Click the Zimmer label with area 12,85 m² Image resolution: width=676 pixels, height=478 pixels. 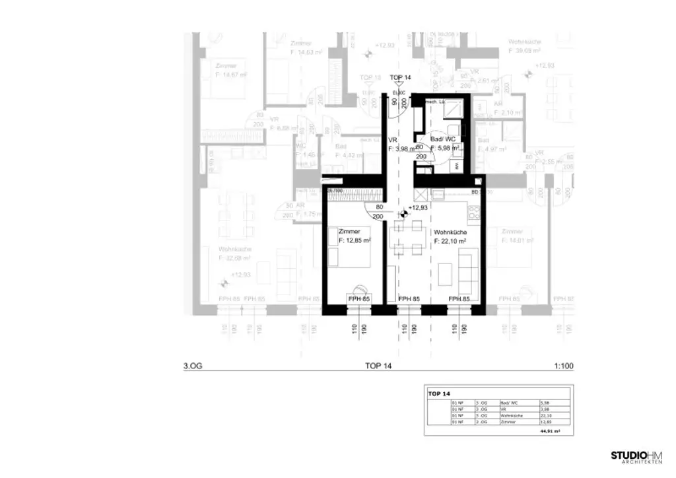point(354,236)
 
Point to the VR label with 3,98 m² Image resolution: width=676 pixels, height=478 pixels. point(400,145)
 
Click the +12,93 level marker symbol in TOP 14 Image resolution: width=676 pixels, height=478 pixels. point(404,213)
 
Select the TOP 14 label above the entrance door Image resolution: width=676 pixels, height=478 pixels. point(400,78)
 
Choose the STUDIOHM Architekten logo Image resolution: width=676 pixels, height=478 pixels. point(638,457)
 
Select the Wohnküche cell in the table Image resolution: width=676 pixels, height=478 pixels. point(512,415)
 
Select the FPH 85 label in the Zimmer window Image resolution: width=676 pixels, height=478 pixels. point(358,299)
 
